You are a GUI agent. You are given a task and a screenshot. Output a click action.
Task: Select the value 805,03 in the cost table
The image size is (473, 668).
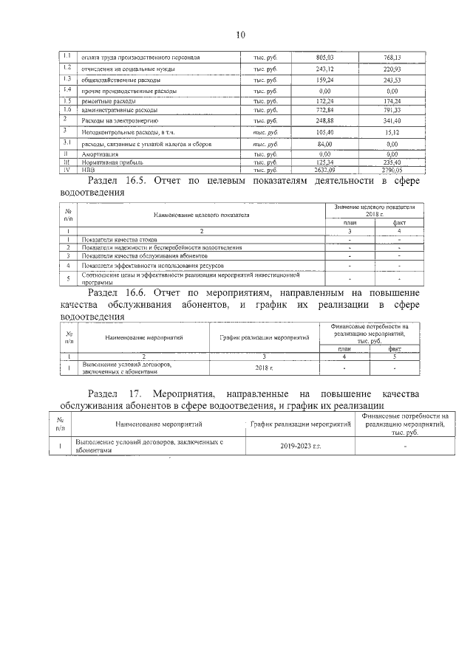point(325,57)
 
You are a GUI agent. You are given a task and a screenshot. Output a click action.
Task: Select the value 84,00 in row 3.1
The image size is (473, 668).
point(325,144)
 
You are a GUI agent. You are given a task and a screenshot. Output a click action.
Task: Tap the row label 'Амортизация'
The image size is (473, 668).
point(99,154)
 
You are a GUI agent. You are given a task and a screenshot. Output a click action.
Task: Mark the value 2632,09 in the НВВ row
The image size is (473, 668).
point(325,168)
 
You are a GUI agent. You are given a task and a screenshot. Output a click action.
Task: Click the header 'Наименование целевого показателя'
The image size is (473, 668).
point(201,215)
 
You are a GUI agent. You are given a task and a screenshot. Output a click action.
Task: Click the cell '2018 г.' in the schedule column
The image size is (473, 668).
point(264,367)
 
